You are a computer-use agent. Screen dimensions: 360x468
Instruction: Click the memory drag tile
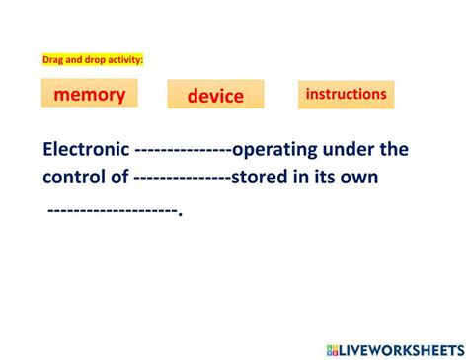89,94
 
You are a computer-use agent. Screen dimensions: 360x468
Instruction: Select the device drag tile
215,95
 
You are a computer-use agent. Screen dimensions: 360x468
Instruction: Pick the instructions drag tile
346,94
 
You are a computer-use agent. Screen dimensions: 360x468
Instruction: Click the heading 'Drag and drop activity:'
93,60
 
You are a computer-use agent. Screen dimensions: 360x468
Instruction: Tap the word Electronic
86,150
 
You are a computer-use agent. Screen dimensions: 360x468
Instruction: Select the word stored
260,179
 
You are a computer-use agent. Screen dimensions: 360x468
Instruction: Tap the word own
359,179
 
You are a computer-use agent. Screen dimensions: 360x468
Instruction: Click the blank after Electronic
183,151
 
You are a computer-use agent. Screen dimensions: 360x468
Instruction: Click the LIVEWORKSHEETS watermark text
402,350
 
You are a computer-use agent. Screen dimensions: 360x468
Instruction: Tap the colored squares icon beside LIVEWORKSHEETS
332,350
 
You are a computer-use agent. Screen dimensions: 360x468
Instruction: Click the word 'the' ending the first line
394,150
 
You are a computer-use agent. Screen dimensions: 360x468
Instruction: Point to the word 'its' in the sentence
325,179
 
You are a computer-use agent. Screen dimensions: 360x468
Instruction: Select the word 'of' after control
120,179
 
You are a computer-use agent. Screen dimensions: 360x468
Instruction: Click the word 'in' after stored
301,179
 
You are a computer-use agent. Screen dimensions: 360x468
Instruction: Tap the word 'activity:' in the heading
126,60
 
